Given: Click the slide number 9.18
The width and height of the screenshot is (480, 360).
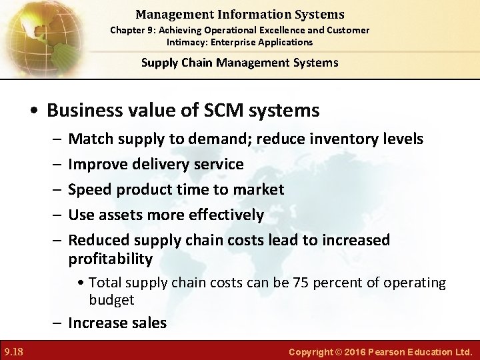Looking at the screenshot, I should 13,351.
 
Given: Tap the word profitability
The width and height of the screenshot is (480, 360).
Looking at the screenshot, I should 111,259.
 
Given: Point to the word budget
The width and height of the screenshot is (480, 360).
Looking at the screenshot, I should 111,300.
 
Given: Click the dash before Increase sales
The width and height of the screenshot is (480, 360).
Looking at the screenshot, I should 57,323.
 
